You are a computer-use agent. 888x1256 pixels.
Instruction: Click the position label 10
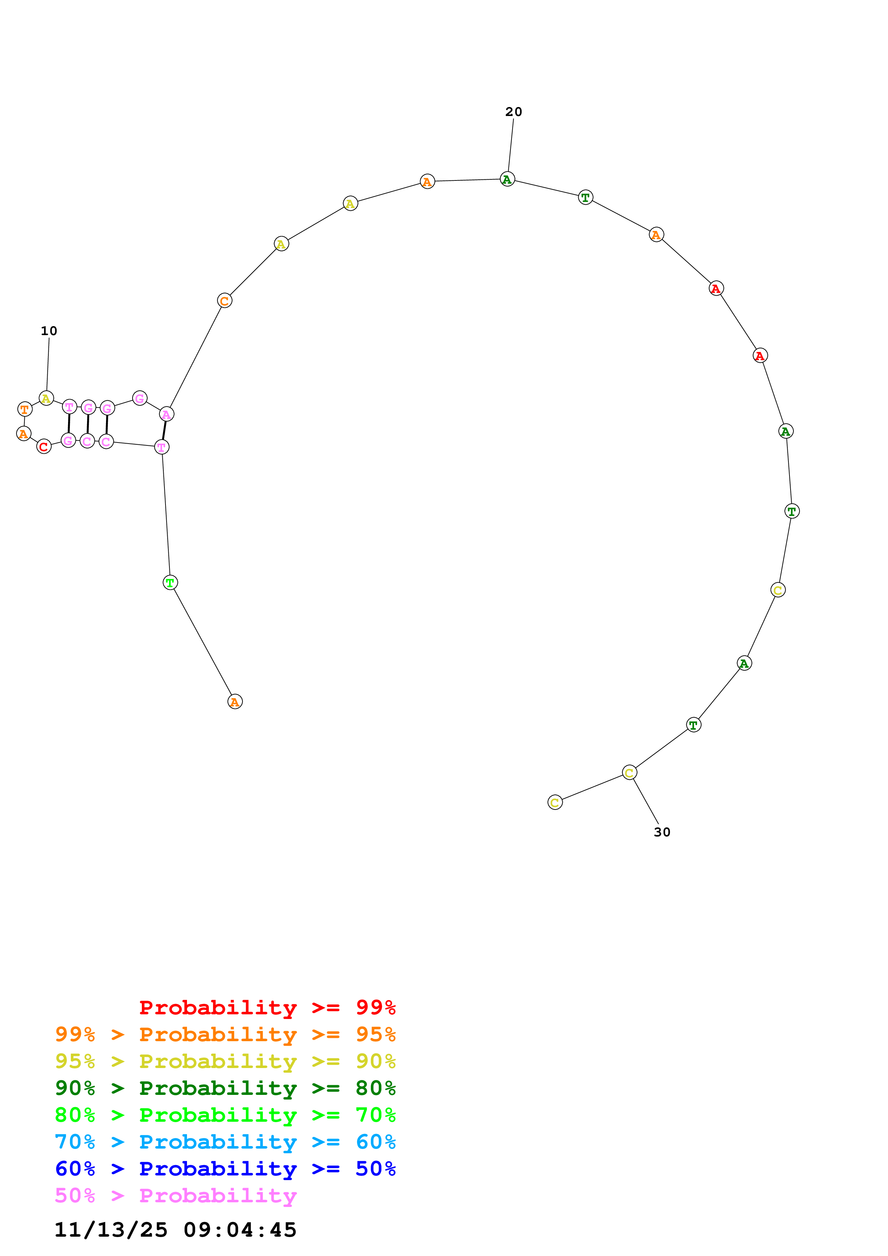coord(49,331)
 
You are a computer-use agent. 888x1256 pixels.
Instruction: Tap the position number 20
coord(513,112)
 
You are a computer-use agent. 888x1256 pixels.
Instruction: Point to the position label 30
coord(662,832)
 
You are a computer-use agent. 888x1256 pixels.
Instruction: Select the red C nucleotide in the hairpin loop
coord(44,446)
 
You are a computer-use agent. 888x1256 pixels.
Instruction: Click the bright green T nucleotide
coord(170,583)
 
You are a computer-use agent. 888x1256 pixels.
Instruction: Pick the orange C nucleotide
coord(224,300)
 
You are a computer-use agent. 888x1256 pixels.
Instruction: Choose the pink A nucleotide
coord(166,414)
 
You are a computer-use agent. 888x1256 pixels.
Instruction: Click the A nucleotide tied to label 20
coord(507,179)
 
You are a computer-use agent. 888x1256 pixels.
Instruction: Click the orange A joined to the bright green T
coord(235,701)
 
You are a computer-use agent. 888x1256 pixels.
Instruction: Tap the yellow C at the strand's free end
coord(555,802)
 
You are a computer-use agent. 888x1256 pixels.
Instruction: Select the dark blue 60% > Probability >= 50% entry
coord(225,1169)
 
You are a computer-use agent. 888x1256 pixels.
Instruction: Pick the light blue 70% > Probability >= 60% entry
coord(225,1142)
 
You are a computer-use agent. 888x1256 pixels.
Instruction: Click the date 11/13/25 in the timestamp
coord(111,1230)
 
